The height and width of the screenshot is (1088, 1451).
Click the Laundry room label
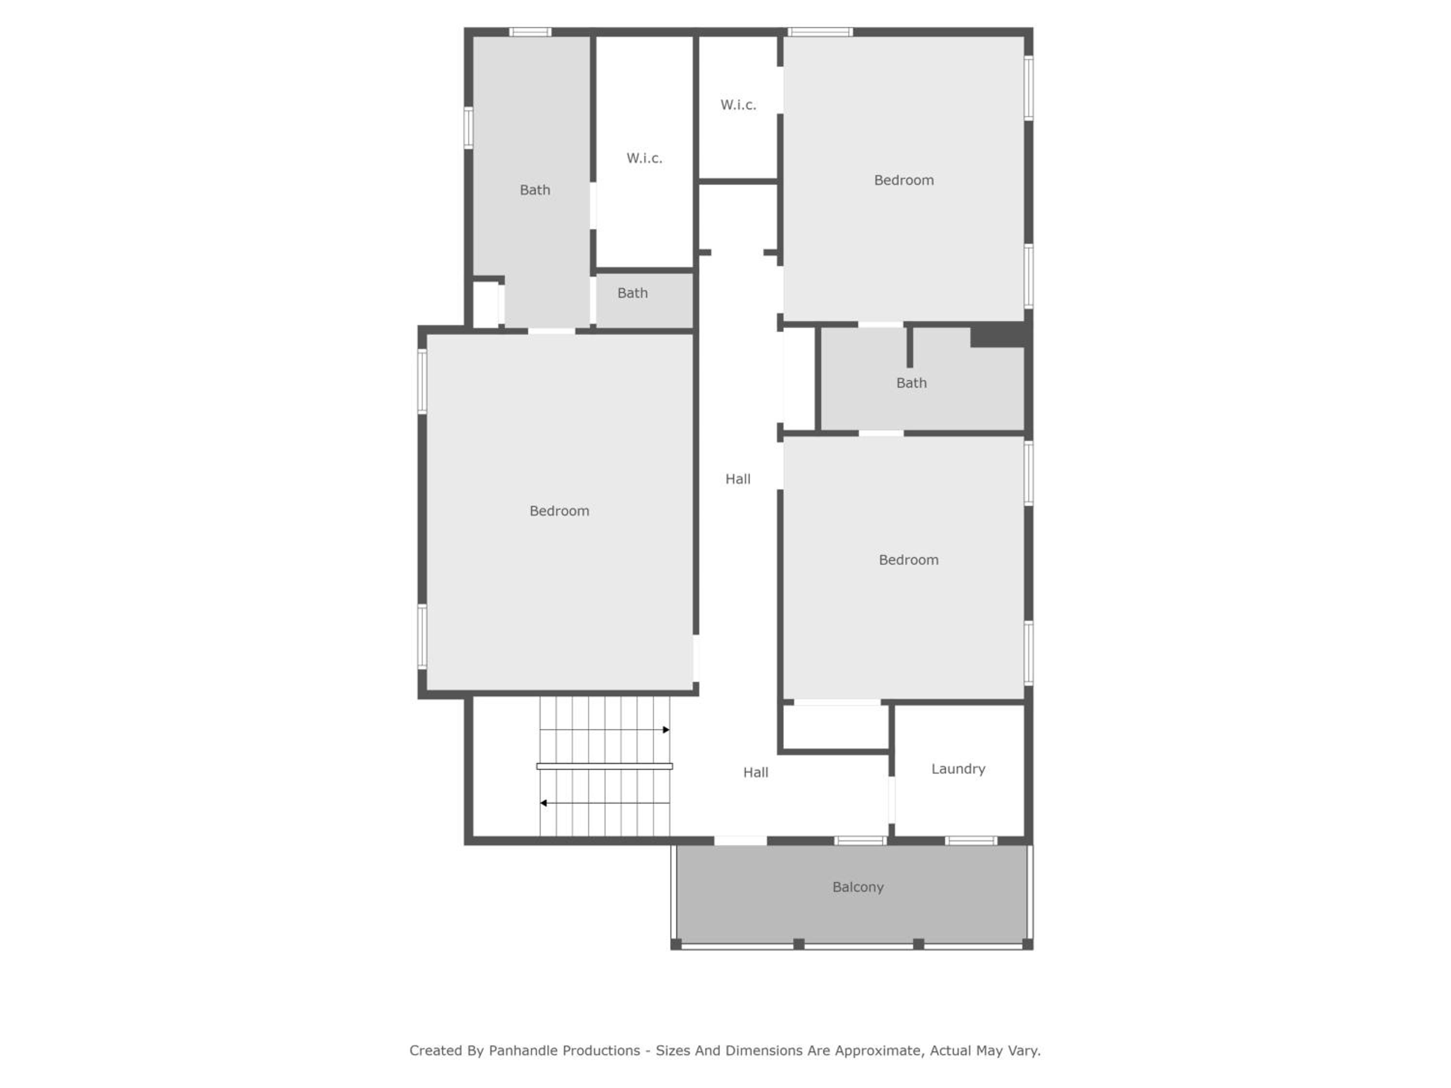(958, 769)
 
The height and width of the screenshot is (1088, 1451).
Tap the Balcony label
(858, 887)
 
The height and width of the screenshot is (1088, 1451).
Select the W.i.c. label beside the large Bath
(644, 158)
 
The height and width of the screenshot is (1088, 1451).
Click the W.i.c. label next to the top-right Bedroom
(738, 105)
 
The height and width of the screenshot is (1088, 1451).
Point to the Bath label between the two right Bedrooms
(911, 383)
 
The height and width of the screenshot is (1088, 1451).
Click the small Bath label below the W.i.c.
(632, 293)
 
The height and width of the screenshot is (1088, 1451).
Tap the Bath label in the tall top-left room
(534, 190)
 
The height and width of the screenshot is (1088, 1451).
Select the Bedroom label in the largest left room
(560, 511)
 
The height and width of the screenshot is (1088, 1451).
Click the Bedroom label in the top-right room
(904, 180)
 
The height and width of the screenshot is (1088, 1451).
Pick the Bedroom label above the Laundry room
(908, 560)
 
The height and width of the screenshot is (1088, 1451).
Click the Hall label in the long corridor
(738, 479)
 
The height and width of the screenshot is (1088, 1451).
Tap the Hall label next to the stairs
(755, 773)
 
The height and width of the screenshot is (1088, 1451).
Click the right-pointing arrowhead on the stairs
(666, 730)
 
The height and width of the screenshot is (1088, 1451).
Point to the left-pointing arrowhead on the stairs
(543, 803)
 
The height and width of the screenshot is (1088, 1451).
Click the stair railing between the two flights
(604, 766)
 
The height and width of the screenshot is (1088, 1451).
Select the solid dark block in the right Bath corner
(998, 335)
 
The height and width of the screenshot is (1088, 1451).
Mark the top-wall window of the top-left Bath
(530, 31)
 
